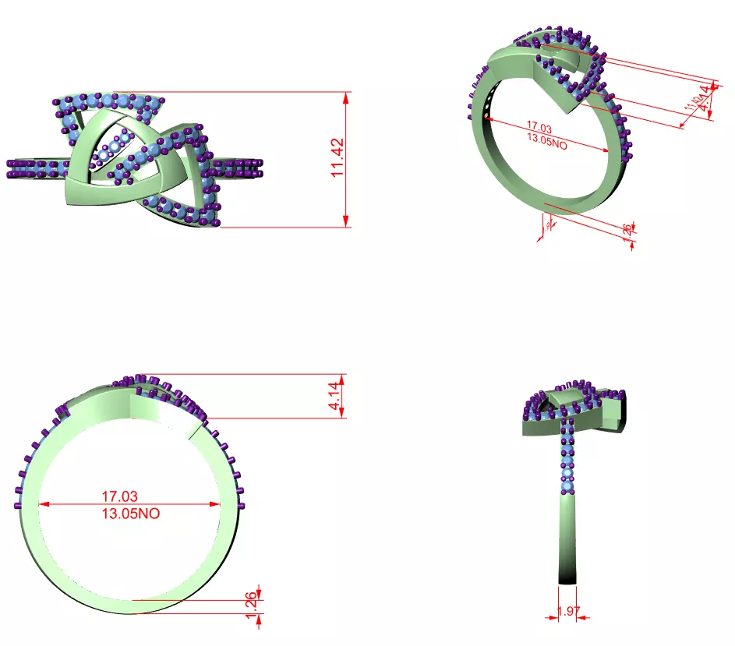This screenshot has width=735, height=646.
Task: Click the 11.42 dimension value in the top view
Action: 337,160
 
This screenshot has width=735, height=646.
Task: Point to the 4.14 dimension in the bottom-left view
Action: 334,396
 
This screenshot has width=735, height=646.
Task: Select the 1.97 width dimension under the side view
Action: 569,612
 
